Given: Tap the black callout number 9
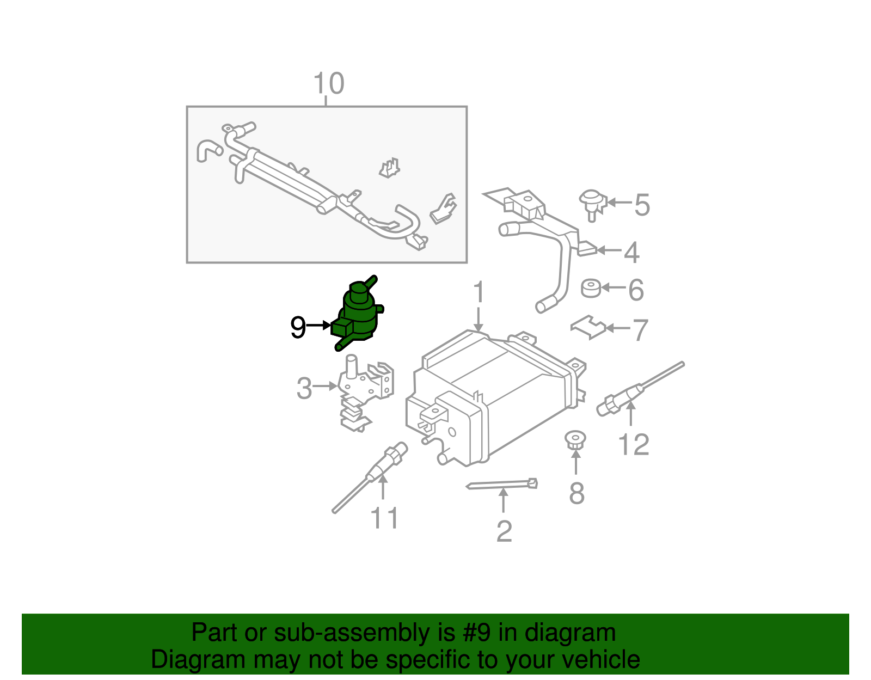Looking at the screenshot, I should point(298,327).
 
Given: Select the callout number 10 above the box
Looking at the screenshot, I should point(329,84).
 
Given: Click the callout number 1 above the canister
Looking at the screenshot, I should point(478,292).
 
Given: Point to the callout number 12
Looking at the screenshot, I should point(634,445).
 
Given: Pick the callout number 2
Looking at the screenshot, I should point(504,531).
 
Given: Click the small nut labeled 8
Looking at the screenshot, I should point(575,439).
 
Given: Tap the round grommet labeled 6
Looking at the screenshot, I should point(591,289).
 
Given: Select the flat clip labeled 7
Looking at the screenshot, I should point(588,327).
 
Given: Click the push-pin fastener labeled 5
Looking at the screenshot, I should point(592,203).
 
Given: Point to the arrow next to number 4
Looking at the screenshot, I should point(609,250).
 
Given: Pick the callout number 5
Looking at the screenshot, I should point(642,205).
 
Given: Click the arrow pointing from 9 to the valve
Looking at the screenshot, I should point(318,326).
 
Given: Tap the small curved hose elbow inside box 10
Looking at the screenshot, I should point(207,150).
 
